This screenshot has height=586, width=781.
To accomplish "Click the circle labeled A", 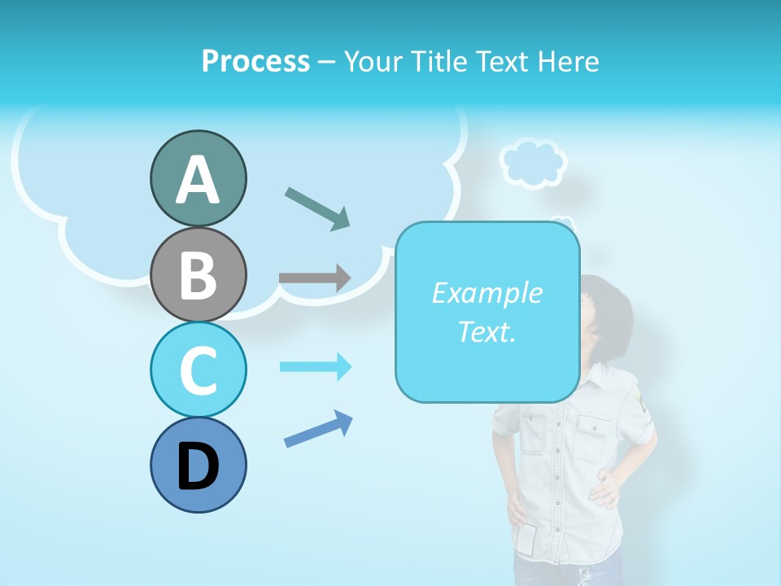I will click(198, 178).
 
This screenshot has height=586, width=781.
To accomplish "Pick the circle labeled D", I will click(198, 465).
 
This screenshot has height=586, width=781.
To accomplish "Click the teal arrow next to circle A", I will click(317, 208).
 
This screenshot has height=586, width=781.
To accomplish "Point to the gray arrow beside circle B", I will click(314, 278).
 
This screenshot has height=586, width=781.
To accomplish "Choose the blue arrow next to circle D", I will click(318, 430).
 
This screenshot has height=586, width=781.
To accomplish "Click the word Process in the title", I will click(255, 62).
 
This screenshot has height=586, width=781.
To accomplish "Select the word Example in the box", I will click(486, 293).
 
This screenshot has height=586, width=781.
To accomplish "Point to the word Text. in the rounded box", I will click(486, 331).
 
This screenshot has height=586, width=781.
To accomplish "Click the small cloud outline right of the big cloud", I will click(533, 163).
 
